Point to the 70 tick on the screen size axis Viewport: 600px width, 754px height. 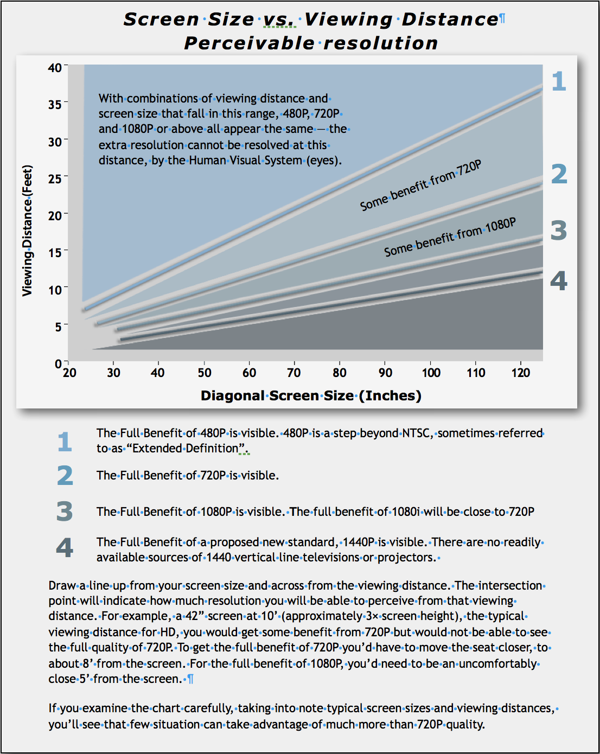click(294, 363)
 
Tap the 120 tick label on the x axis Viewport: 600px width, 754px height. click(520, 373)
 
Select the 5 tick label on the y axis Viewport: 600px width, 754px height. click(58, 327)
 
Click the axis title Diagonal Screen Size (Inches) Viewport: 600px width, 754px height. click(311, 395)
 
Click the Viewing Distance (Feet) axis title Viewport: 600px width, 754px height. click(27, 231)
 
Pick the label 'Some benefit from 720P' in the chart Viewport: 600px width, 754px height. click(420, 185)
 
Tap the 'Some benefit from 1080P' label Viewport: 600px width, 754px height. click(450, 237)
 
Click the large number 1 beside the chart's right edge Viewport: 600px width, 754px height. click(559, 81)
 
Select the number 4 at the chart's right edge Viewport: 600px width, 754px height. click(559, 280)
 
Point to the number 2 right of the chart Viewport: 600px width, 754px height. click(559, 174)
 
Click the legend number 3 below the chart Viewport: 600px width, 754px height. click(65, 511)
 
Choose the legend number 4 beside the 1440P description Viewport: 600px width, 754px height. click(65, 548)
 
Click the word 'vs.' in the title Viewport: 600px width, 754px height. click(279, 20)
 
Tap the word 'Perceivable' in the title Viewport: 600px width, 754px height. click(249, 43)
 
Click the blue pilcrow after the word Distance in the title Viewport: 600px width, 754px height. click(502, 18)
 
